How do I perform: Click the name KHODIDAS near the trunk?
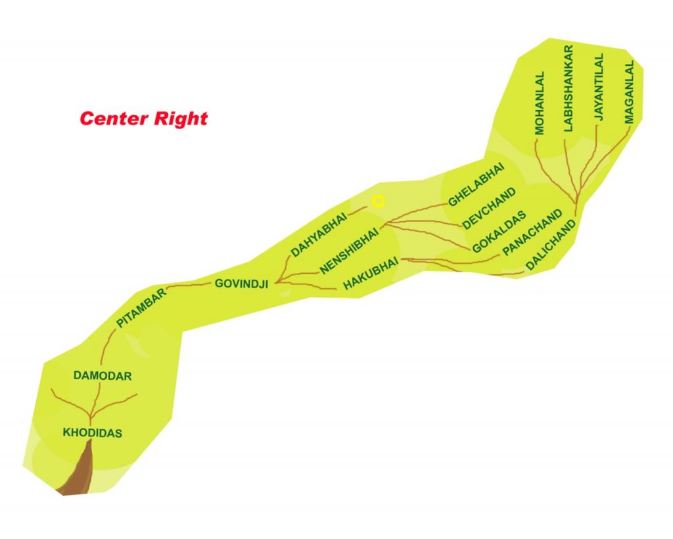click(93, 432)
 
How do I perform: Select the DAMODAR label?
click(103, 376)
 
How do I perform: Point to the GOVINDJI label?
click(242, 284)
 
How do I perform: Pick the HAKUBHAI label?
click(371, 272)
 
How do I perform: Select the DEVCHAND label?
click(490, 209)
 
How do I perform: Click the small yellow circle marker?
click(377, 201)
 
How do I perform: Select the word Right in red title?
click(181, 118)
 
